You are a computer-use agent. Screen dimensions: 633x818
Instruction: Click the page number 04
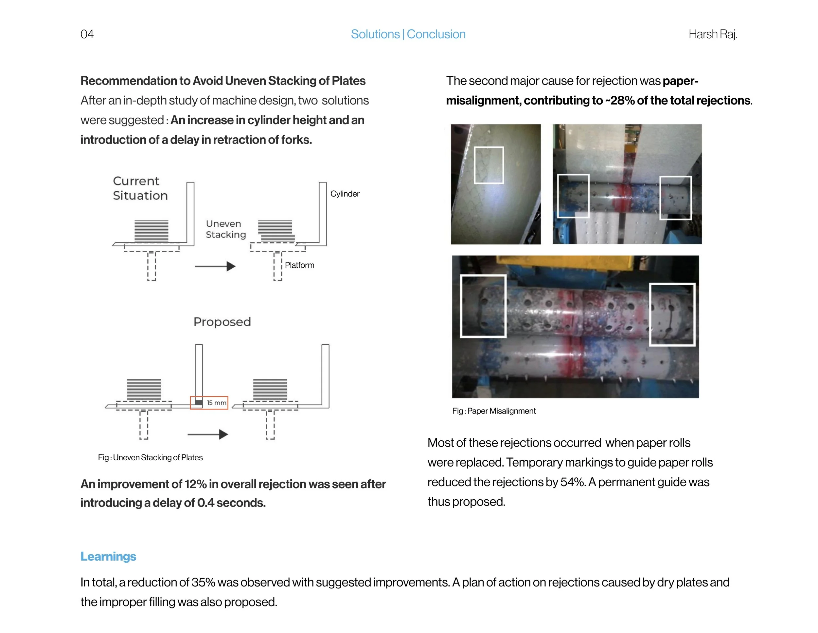tap(87, 34)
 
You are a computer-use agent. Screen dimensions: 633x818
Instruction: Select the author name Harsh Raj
tap(712, 34)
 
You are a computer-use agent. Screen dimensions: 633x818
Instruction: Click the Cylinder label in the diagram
tap(345, 194)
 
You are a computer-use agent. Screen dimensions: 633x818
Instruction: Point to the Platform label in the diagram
tap(299, 265)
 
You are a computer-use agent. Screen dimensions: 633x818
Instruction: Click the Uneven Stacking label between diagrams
tap(225, 229)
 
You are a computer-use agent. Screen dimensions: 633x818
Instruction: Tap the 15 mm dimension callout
tap(216, 403)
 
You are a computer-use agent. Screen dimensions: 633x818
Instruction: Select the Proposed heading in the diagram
tap(222, 322)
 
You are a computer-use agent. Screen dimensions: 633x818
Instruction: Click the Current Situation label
tap(140, 188)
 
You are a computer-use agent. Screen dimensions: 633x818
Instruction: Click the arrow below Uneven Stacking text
tap(215, 266)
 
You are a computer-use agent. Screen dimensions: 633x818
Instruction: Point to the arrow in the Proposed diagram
tap(207, 434)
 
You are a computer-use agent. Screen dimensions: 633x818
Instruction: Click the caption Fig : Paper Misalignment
tap(494, 411)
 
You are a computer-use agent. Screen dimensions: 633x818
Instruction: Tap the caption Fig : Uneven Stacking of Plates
tap(150, 457)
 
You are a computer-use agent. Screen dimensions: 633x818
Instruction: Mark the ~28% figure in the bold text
tap(619, 101)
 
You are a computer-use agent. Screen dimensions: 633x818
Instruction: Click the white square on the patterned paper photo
tap(489, 165)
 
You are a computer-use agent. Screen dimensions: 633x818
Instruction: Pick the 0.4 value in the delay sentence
tap(205, 503)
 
